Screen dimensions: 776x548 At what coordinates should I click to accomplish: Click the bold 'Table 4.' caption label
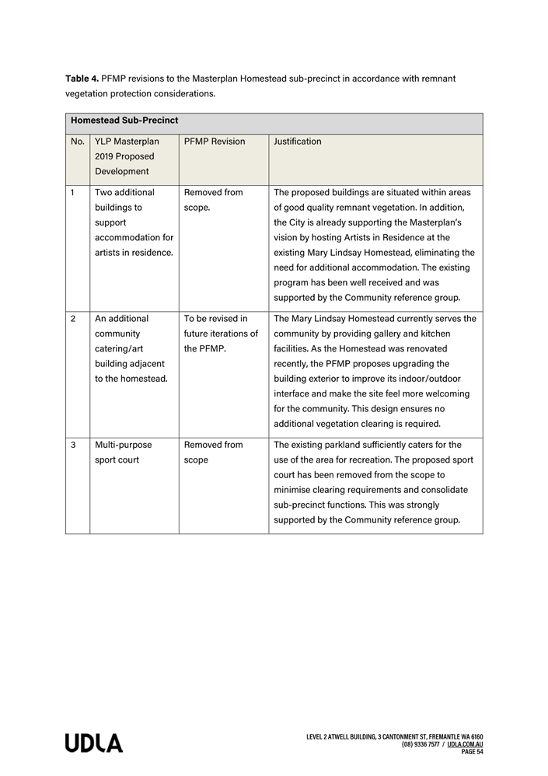(x=82, y=79)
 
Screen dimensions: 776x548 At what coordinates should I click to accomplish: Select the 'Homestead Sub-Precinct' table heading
(x=124, y=121)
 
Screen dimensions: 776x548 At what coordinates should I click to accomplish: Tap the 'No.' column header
(x=78, y=142)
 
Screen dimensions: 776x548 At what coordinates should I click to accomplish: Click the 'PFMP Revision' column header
(x=215, y=142)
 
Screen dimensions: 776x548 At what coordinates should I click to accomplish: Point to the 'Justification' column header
(x=297, y=142)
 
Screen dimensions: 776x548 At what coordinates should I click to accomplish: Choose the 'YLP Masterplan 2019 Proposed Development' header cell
(x=127, y=156)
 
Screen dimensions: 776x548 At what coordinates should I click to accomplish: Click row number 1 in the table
(x=73, y=192)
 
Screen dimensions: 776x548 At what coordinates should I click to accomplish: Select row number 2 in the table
(x=73, y=319)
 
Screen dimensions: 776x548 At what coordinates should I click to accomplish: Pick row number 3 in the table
(x=73, y=445)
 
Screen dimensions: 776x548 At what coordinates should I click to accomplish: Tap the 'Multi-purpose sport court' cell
(x=124, y=453)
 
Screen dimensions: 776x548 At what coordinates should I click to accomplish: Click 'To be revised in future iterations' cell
(x=221, y=334)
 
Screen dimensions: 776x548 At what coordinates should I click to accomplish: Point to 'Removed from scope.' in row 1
(x=213, y=200)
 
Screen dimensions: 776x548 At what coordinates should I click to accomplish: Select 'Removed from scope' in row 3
(x=213, y=453)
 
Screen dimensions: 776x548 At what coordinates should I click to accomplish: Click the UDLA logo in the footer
(x=93, y=743)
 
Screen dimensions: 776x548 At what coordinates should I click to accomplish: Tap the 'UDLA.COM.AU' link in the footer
(x=465, y=744)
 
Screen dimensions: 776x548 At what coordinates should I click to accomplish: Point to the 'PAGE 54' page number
(x=472, y=752)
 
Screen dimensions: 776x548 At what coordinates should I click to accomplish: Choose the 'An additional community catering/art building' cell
(x=131, y=348)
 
